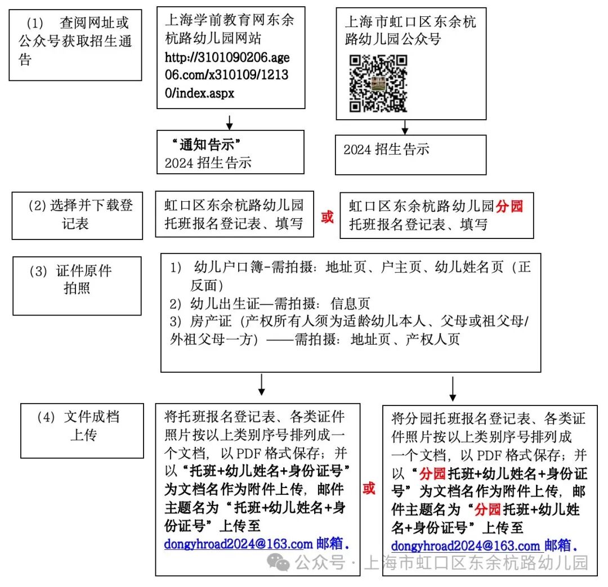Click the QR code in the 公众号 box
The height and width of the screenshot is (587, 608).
coord(378,83)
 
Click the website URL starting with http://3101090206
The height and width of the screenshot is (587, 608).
coord(227,75)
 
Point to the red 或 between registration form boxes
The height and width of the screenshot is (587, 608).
coord(327,217)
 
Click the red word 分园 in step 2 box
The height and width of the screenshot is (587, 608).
coord(509,206)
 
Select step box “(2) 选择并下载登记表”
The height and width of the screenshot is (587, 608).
coord(77,215)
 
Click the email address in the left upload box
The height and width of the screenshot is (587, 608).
coord(238,544)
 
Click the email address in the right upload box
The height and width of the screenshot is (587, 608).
coord(466,546)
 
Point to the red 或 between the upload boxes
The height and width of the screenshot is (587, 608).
coord(369,488)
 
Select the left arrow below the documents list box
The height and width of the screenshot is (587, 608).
coord(261,385)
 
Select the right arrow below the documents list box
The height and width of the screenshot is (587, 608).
coord(453,388)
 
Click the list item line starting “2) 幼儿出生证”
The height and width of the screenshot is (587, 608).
coord(270,304)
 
